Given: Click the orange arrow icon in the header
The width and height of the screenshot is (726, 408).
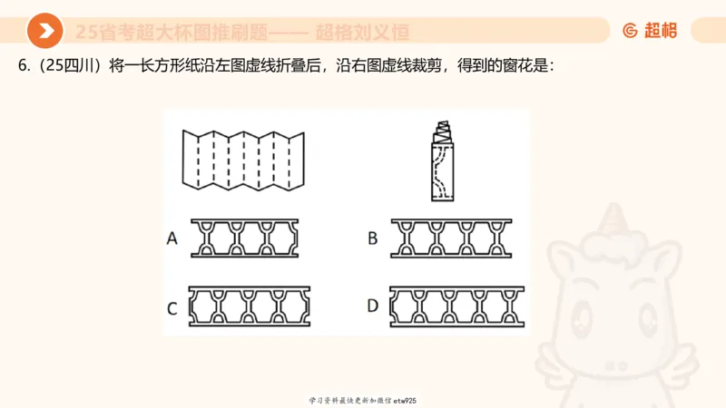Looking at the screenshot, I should (44, 32).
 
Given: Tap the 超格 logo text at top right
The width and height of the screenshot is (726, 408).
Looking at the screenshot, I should (660, 31).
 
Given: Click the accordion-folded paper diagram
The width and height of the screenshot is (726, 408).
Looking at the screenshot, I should (243, 160).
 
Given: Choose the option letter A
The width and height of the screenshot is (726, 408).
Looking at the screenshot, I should (172, 238).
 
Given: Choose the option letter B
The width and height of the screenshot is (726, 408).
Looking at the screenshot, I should (372, 238).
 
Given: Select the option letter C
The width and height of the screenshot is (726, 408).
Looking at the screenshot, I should (172, 307).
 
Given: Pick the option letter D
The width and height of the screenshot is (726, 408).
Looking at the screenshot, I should (372, 306).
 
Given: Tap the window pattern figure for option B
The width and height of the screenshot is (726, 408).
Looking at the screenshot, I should (451, 238).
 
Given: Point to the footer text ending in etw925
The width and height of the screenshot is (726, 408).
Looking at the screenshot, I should (362, 400).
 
